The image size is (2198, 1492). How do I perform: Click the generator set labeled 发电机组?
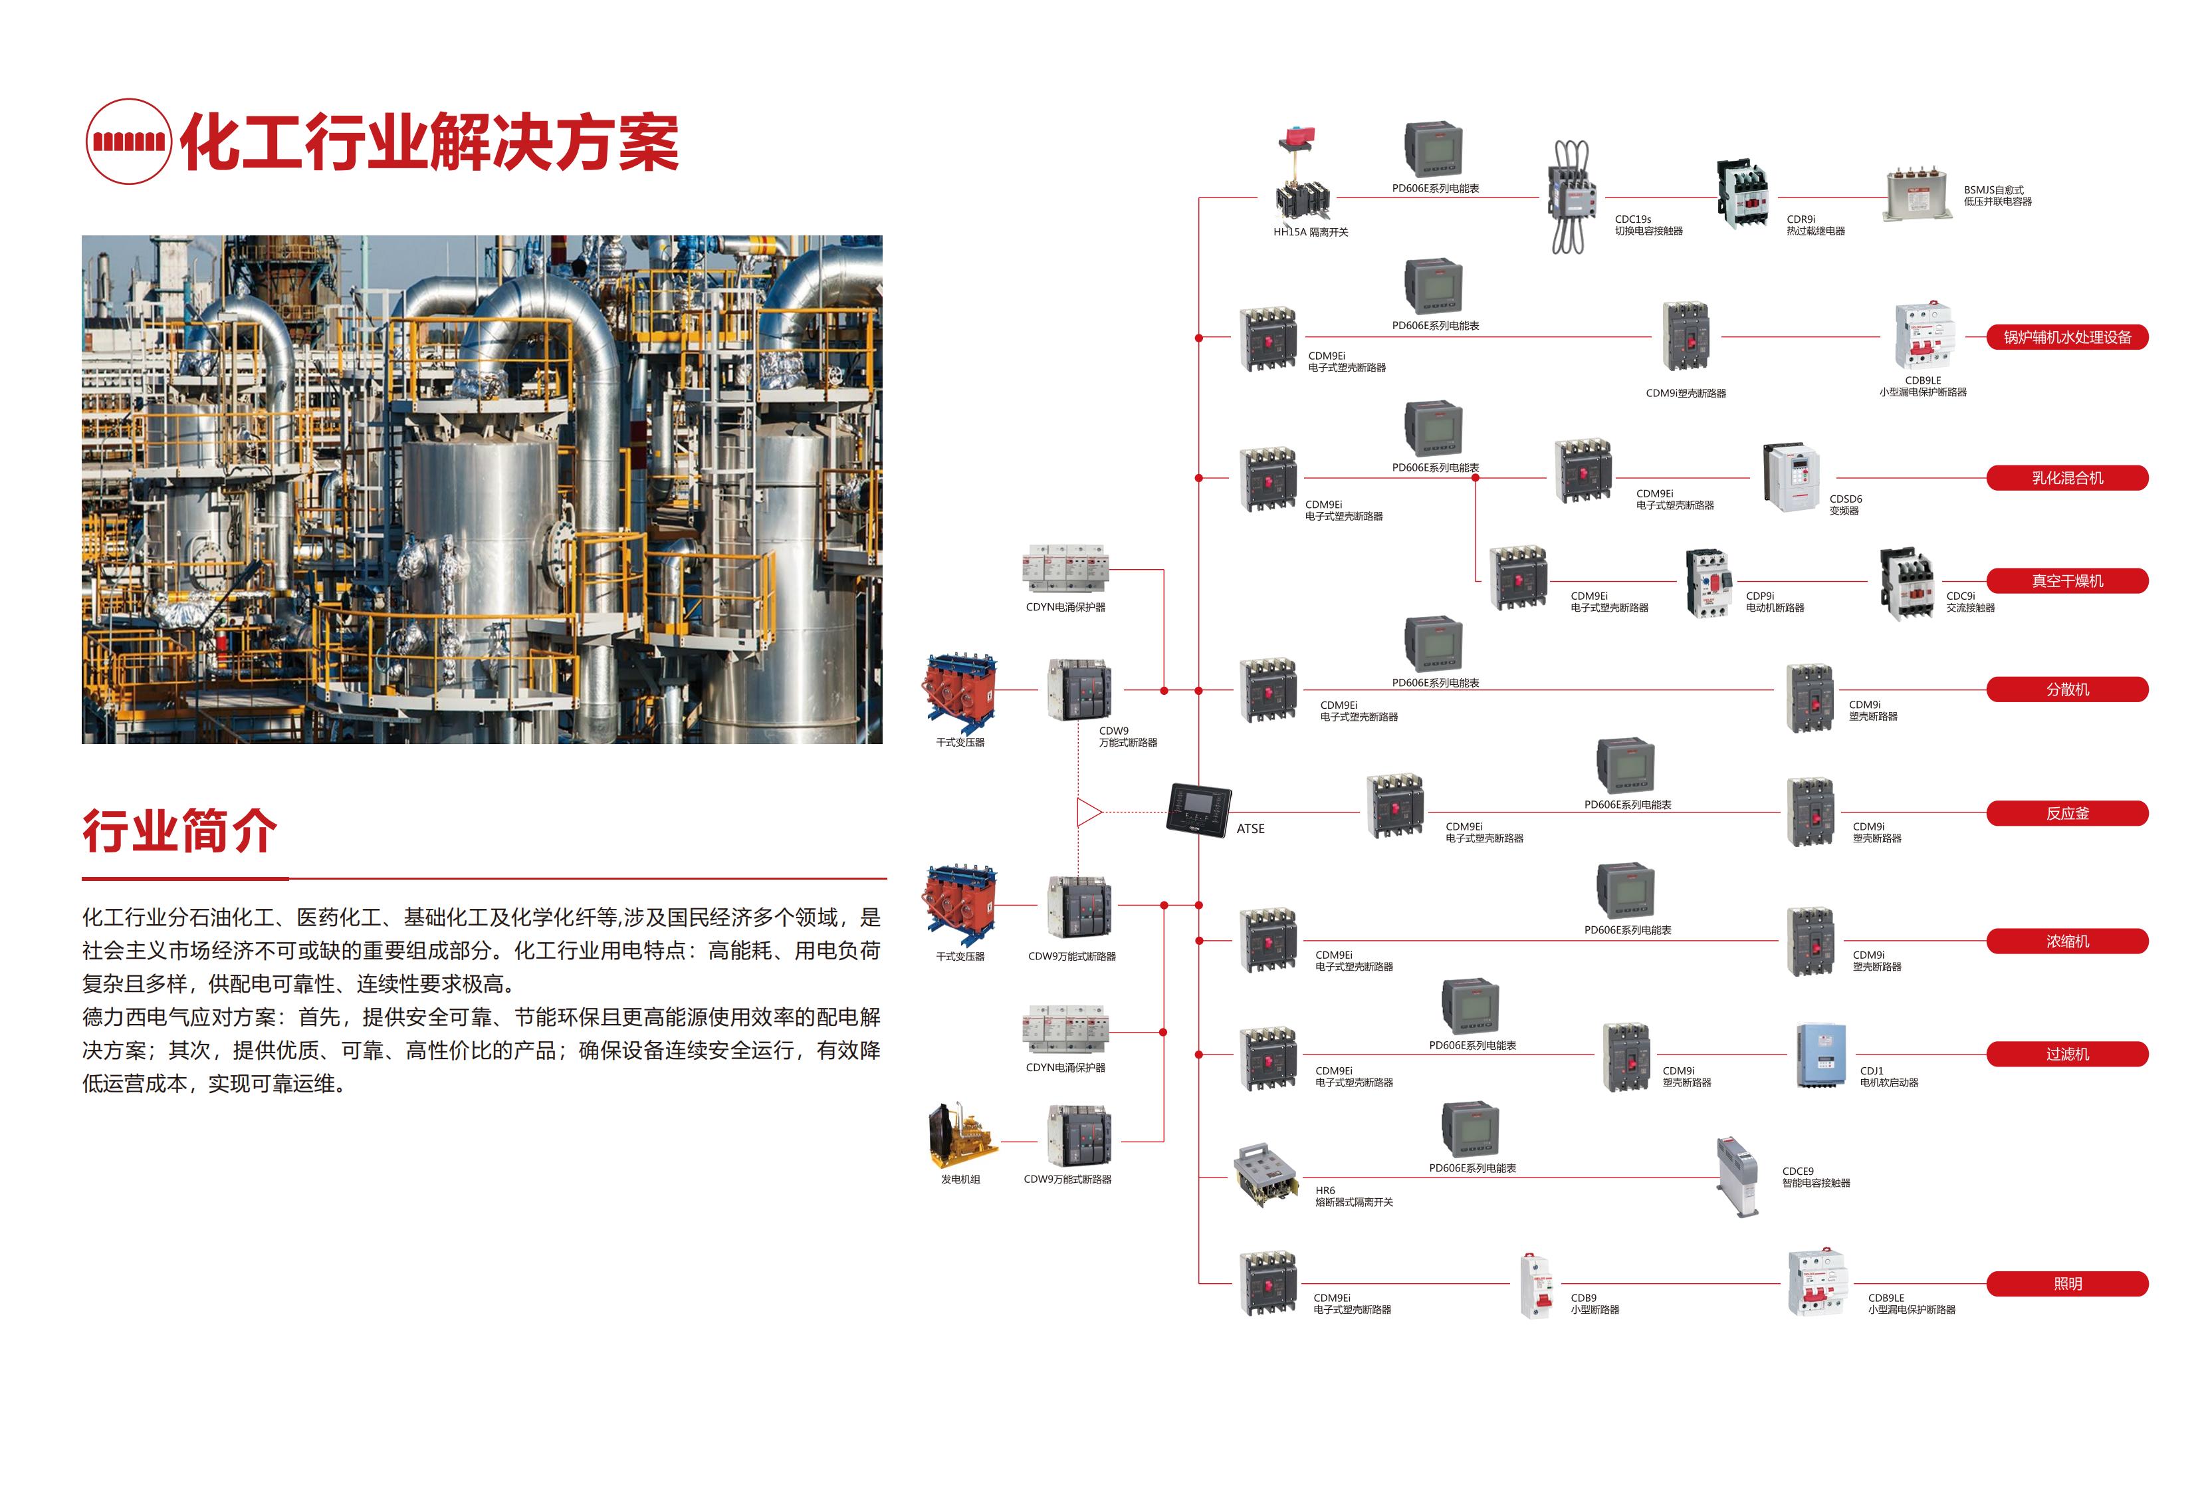click(x=962, y=1136)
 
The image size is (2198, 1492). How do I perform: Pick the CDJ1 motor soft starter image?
click(x=1820, y=1055)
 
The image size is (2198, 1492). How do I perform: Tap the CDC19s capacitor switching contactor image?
click(x=1570, y=197)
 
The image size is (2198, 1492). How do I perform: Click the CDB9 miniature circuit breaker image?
click(x=1536, y=1285)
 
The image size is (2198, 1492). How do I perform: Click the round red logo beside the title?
click(x=129, y=142)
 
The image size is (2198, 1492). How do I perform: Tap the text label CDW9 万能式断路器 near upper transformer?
click(x=1127, y=737)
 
